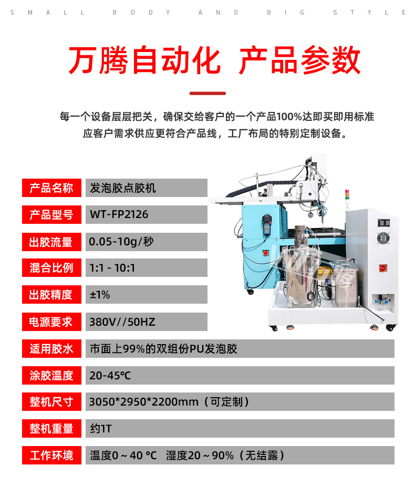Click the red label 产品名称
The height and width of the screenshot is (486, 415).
(x=51, y=188)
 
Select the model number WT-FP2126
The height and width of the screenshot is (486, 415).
(x=119, y=214)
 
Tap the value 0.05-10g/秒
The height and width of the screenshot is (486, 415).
(x=121, y=242)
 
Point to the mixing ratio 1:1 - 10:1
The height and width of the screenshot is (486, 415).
(x=112, y=268)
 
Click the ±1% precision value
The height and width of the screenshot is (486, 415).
(x=100, y=295)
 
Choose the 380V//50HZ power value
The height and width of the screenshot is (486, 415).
(x=122, y=322)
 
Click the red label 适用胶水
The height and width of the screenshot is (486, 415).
(x=51, y=349)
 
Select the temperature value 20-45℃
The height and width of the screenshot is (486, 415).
(x=110, y=376)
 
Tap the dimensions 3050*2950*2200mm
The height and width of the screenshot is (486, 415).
(x=144, y=402)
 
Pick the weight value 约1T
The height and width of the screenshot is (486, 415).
(x=101, y=429)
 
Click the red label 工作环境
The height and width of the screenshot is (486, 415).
(x=51, y=456)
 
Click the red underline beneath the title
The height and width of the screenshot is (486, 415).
(x=207, y=94)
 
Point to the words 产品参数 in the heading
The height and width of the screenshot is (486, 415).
(x=300, y=60)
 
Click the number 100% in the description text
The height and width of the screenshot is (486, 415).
(x=289, y=117)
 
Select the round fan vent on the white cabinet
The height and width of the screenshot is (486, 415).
(x=383, y=238)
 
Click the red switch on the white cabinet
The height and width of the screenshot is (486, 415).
(x=383, y=268)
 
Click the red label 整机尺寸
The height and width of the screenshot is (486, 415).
(x=51, y=402)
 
